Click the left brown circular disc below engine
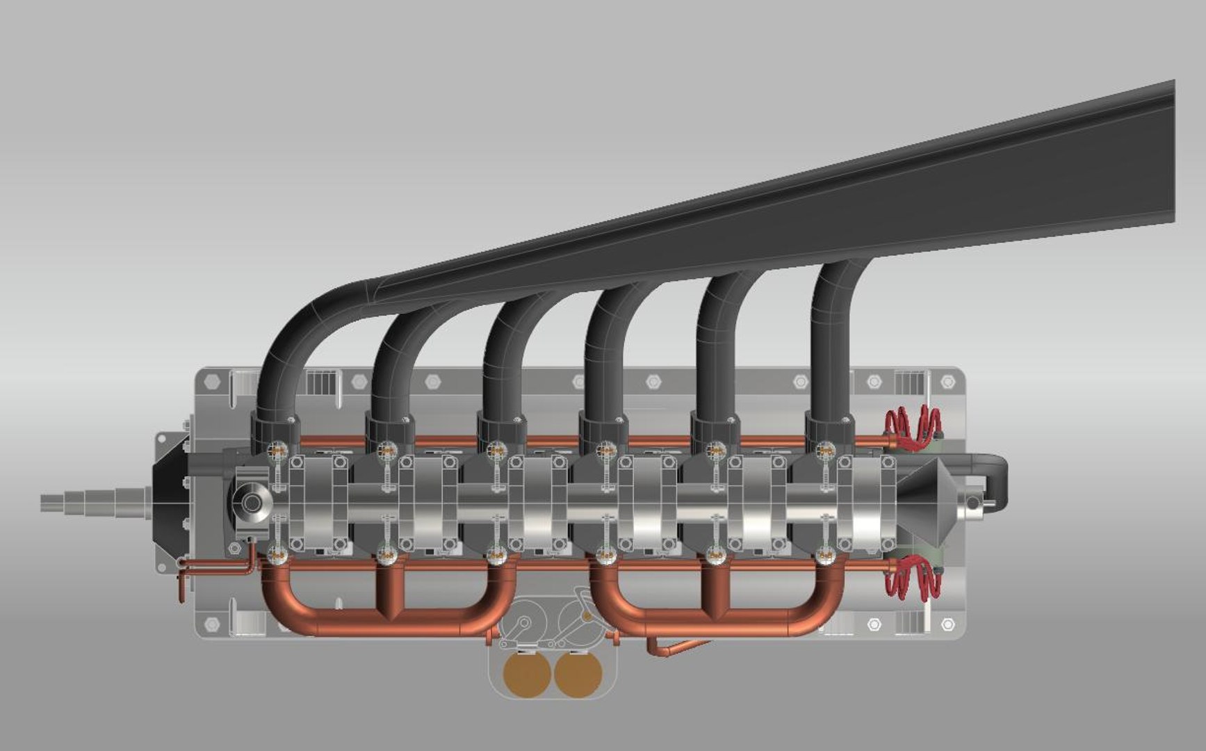click(x=528, y=674)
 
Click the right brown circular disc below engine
click(x=578, y=674)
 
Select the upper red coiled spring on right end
click(x=912, y=425)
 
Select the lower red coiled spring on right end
click(x=912, y=577)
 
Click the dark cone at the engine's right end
click(x=931, y=501)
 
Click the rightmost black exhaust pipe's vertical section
click(x=830, y=348)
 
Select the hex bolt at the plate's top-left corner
click(x=213, y=382)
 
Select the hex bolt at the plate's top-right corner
click(x=947, y=382)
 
